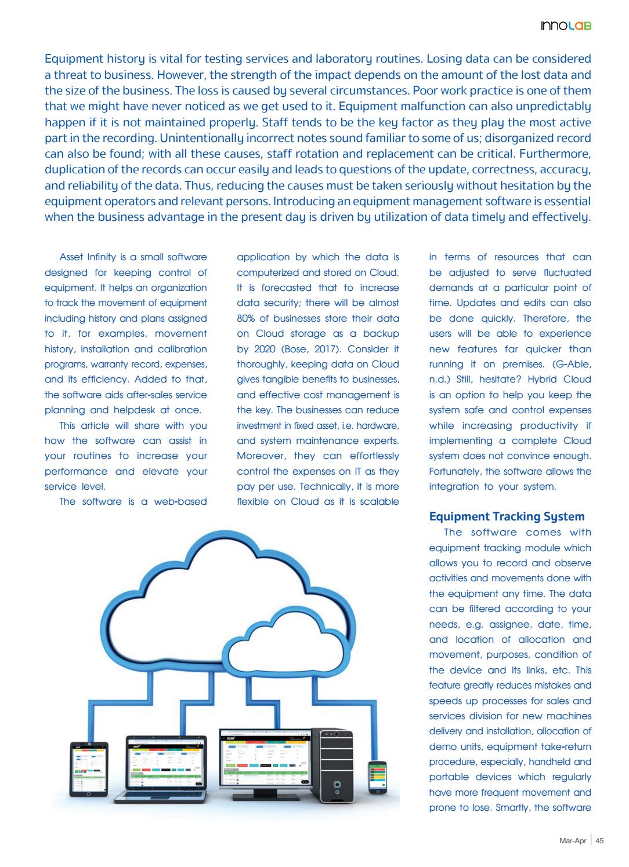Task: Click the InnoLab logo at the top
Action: [x=566, y=26]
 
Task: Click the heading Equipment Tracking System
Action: [x=507, y=516]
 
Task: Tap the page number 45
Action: [x=600, y=840]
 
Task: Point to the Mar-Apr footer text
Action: [x=572, y=840]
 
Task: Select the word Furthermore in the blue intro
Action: [x=555, y=154]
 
